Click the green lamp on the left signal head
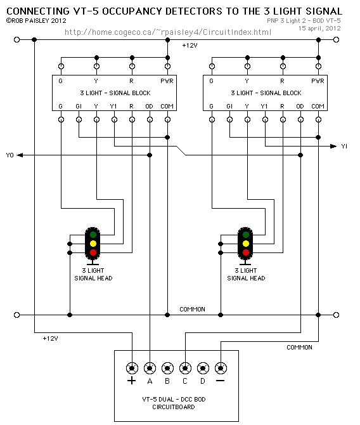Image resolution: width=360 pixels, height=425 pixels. [93, 235]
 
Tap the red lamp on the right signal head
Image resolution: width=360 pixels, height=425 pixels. [246, 252]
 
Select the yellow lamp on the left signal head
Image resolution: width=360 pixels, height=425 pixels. [93, 244]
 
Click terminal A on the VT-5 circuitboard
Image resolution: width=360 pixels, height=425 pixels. [150, 368]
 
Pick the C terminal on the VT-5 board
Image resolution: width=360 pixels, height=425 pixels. [185, 368]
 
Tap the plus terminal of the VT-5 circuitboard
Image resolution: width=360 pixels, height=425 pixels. [132, 368]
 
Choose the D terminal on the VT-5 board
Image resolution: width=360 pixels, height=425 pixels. [203, 368]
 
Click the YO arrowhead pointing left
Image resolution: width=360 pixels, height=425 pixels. [20, 155]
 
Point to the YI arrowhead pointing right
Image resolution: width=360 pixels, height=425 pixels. [333, 147]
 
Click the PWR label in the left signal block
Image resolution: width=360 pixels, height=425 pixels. [167, 81]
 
